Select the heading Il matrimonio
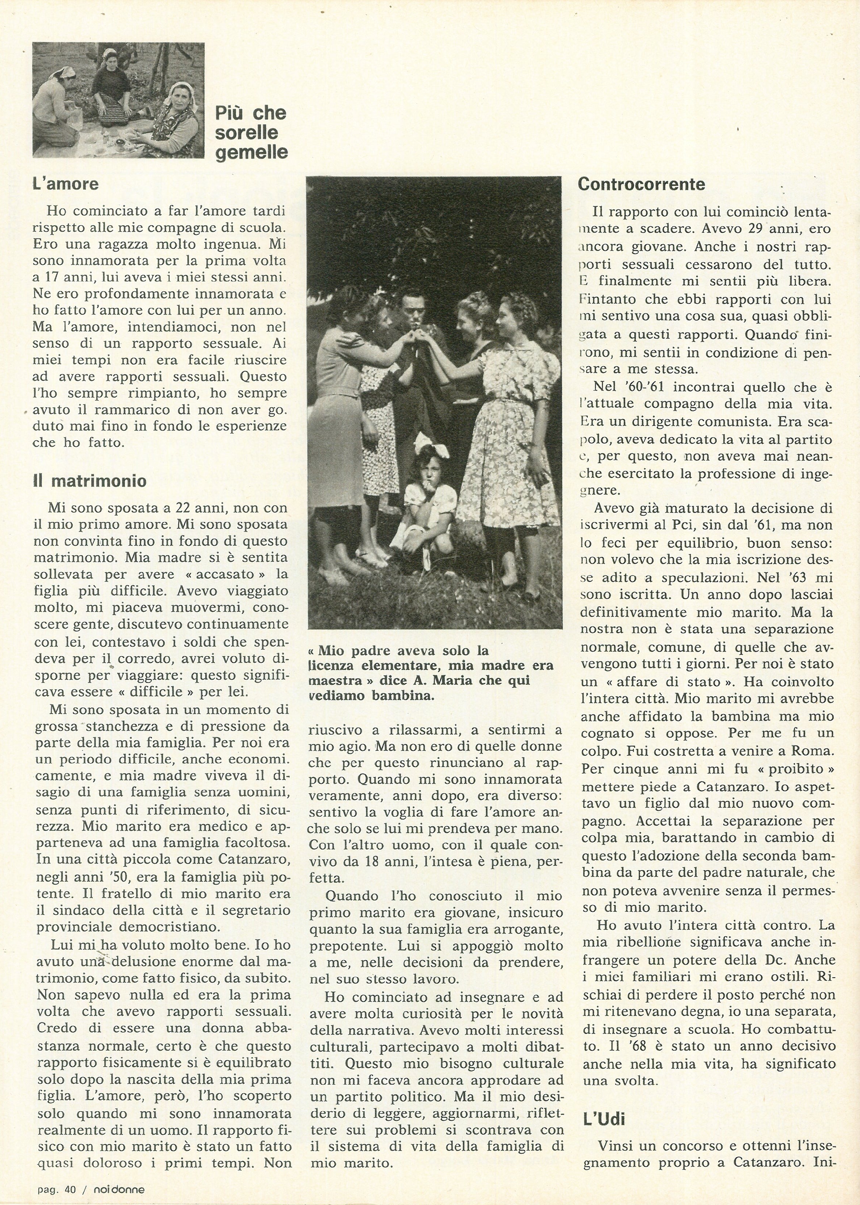tap(89, 481)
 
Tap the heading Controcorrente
tap(641, 184)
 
